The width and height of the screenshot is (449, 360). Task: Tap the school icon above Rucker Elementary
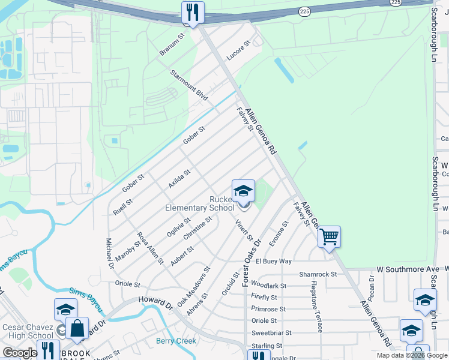(x=243, y=191)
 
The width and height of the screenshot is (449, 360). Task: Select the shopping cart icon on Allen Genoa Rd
(x=329, y=236)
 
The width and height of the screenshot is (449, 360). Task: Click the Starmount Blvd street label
(x=189, y=86)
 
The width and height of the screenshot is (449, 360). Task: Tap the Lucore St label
(x=238, y=52)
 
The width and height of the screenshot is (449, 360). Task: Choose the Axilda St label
(x=179, y=178)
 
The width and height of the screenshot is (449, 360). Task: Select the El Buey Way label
(x=274, y=262)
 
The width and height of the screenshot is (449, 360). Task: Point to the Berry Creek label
(x=176, y=341)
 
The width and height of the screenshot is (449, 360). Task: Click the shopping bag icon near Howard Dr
(x=77, y=328)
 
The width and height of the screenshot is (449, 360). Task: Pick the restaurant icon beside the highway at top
(x=193, y=13)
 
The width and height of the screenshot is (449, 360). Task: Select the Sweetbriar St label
(x=271, y=332)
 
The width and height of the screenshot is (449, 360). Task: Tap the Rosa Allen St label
(x=150, y=248)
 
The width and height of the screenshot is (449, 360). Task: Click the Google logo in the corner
(x=19, y=353)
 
